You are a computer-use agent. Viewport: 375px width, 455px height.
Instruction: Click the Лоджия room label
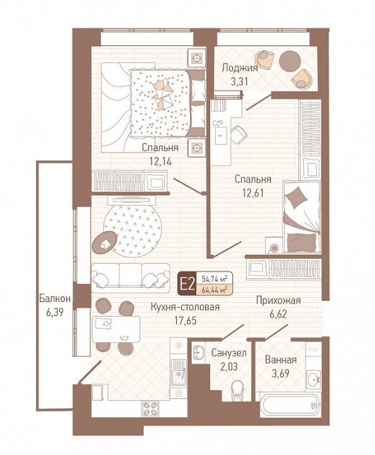click(240, 68)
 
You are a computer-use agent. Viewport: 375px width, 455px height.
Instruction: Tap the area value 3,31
click(240, 82)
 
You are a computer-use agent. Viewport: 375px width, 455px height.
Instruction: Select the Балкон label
click(55, 299)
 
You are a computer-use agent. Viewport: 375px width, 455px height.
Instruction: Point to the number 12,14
click(160, 161)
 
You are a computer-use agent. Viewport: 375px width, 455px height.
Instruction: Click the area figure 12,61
click(253, 193)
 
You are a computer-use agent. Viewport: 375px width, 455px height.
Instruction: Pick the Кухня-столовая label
click(185, 307)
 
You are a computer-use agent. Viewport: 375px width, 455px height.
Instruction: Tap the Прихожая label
click(278, 301)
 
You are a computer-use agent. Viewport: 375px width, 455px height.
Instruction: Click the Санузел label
click(229, 353)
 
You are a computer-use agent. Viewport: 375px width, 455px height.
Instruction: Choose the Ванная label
click(281, 360)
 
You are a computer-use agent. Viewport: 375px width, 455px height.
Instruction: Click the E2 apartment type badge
click(187, 283)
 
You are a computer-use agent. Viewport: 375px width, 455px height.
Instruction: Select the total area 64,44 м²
click(215, 289)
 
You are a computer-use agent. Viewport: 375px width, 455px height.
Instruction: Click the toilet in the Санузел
click(238, 390)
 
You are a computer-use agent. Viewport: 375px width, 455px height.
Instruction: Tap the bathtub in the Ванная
click(290, 404)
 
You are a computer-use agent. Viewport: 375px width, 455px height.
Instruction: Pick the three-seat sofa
click(130, 278)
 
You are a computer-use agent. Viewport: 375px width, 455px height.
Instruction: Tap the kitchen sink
click(179, 372)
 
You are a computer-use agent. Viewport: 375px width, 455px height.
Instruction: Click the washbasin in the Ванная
click(313, 378)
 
